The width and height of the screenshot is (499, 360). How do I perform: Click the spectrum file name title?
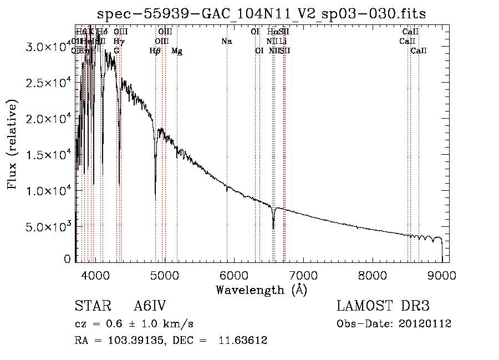click(x=262, y=14)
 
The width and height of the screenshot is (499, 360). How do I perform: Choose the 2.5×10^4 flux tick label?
click(x=47, y=83)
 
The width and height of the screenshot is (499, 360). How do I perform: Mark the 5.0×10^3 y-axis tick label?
click(x=47, y=227)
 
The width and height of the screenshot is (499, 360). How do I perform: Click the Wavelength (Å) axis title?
click(x=261, y=290)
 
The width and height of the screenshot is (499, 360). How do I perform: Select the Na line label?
click(x=226, y=42)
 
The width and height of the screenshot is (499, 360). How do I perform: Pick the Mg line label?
click(x=176, y=51)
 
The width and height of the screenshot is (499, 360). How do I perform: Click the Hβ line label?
click(x=155, y=51)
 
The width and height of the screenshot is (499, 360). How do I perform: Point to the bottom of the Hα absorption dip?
click(x=273, y=228)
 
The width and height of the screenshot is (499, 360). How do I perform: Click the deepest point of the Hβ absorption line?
click(x=155, y=200)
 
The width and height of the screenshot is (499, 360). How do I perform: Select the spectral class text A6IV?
click(x=150, y=307)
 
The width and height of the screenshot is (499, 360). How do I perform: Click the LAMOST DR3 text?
click(x=383, y=307)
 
